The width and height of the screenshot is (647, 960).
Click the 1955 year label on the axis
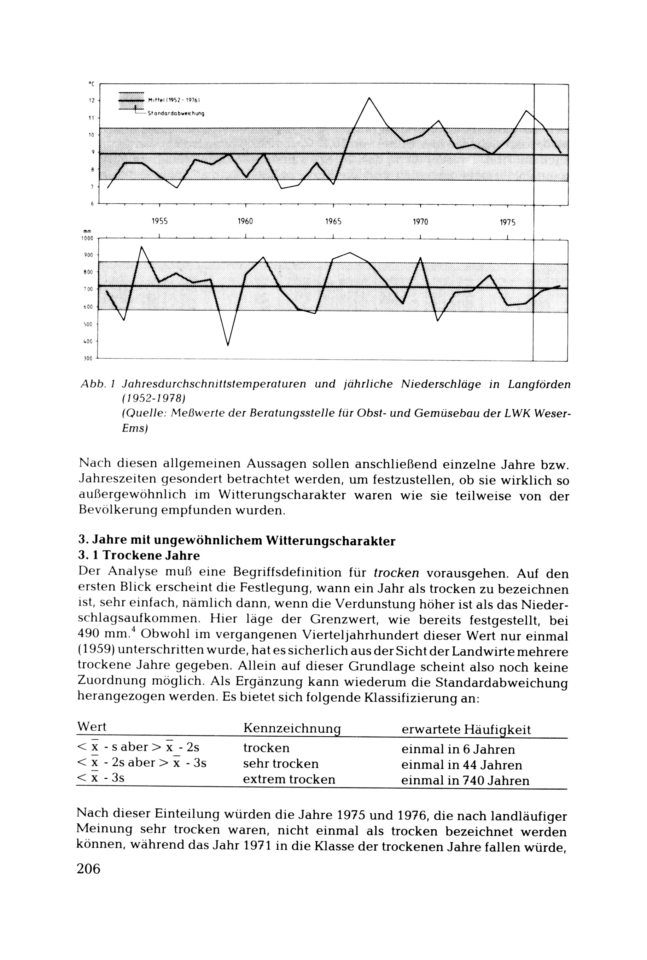click(x=160, y=221)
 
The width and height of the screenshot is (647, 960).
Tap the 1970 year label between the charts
click(x=420, y=222)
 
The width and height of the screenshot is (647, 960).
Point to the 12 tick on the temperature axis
click(x=92, y=100)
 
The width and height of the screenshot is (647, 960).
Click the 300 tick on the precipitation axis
click(x=88, y=359)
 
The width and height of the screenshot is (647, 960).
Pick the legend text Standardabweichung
click(x=176, y=113)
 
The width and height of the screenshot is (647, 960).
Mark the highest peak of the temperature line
click(x=369, y=98)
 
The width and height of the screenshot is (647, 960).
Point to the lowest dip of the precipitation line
click(x=228, y=345)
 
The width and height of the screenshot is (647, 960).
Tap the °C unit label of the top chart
click(x=92, y=84)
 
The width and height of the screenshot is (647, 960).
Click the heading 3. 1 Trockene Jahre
click(x=139, y=556)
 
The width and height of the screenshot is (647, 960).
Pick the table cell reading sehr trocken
click(x=281, y=763)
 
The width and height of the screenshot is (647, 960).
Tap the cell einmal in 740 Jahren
click(x=465, y=780)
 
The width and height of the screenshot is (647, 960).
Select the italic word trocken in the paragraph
click(x=396, y=573)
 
